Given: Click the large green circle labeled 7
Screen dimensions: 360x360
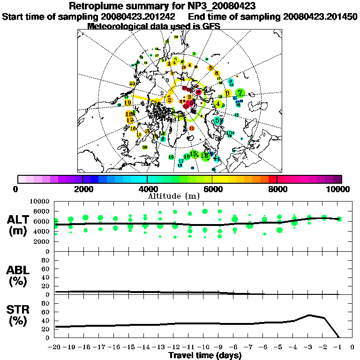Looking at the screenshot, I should click(240, 93).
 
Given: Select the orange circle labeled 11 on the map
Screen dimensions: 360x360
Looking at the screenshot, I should click(191, 128).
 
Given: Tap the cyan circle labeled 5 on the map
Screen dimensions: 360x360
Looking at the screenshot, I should click(217, 120).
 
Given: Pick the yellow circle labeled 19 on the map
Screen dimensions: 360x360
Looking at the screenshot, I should click(127, 103).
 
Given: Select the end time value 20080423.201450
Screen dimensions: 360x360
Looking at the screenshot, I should click(321, 16).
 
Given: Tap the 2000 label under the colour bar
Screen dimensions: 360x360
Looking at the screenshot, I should click(82, 189).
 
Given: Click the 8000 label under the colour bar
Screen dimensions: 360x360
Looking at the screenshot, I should click(277, 189).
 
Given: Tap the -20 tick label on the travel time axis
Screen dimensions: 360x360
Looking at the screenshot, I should click(55, 347).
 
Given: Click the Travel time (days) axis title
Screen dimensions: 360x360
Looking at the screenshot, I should click(205, 356).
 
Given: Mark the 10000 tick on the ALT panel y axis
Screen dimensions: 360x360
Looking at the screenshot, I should click(40, 202).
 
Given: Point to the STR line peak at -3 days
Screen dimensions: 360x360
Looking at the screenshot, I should click(308, 315).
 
